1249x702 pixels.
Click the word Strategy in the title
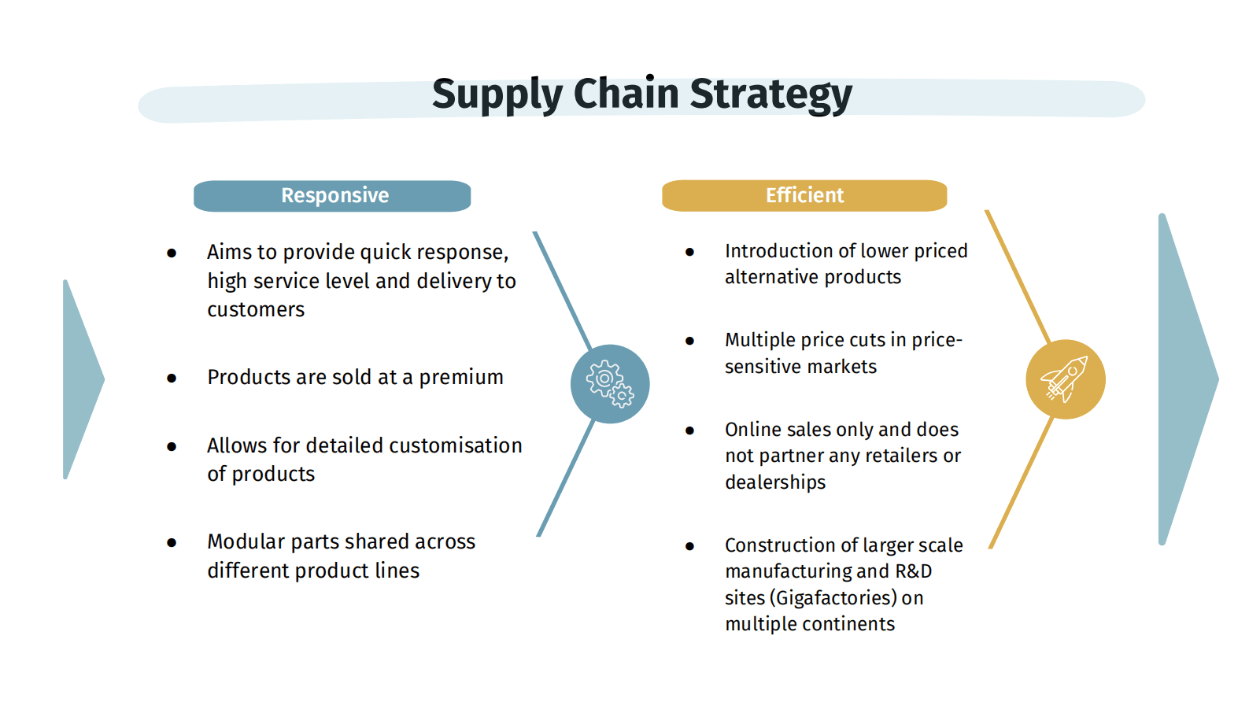pos(771,95)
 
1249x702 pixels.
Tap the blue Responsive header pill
pos(332,196)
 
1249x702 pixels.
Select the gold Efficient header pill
pos(804,195)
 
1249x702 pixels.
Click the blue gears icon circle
pos(610,384)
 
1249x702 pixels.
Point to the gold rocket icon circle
pos(1066,379)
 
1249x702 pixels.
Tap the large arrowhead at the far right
pos(1188,379)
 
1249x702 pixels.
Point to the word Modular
pos(246,541)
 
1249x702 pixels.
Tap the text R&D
pos(914,571)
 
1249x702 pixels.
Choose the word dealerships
pos(775,482)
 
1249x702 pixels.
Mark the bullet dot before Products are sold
pos(172,379)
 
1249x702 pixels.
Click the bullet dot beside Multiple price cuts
pos(689,341)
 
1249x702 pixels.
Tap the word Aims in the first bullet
pos(229,252)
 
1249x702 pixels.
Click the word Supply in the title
pos(497,95)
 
